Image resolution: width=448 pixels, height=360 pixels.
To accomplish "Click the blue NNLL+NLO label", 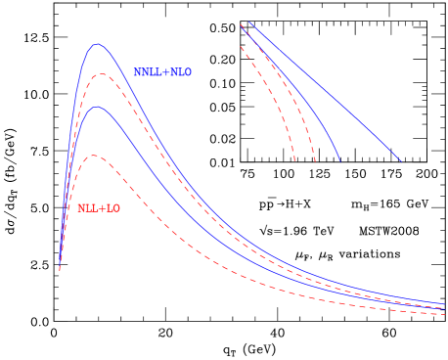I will point(162,72).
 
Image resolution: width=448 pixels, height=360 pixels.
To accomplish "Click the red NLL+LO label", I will point(99,208).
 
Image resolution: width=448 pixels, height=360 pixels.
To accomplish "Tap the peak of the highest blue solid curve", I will point(97,44).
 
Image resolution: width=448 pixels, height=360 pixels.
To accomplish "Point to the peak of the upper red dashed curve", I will point(100,74).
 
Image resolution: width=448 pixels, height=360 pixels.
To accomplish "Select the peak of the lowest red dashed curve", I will point(94,156).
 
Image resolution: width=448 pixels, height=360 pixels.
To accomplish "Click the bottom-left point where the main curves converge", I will point(60,269).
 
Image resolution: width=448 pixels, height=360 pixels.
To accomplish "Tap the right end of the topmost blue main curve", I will point(446,303).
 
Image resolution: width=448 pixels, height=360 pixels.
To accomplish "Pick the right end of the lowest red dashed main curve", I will point(445,314).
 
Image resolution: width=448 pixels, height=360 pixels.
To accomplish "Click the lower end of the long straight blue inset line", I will point(401,161).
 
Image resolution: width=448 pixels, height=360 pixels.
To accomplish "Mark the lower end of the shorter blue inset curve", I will point(339,160).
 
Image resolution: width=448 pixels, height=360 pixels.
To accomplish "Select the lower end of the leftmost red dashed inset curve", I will point(294,161).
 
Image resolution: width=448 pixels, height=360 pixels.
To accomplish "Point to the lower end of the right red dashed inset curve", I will point(316,161).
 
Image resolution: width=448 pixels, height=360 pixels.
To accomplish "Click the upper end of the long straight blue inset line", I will point(249,22).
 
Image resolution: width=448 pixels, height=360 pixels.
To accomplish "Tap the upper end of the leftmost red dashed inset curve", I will point(241,46).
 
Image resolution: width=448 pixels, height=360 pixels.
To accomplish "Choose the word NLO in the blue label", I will point(180,72).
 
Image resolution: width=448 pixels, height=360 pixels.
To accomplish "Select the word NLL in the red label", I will point(87,208).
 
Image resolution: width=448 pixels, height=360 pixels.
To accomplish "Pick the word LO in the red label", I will point(113,208).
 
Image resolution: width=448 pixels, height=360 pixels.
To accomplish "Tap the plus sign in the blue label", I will point(165,72).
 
